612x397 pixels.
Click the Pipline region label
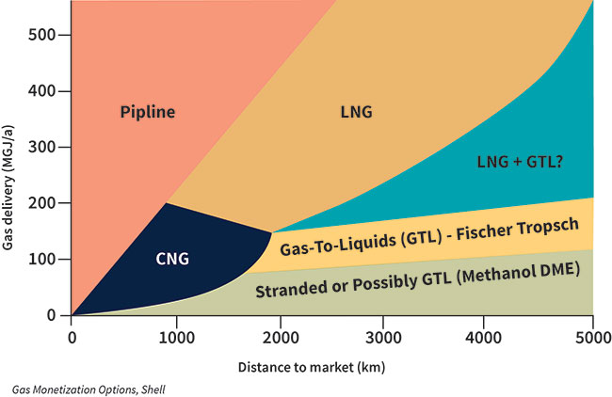148,112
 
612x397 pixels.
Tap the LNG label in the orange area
356,112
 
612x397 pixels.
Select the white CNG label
172,259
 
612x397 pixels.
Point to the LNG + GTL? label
520,162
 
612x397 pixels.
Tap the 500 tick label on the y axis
42,35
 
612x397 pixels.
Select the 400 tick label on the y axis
42,91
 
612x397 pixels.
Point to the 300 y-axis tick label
42,147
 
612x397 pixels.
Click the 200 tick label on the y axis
42,203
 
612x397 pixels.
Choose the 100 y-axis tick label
42,259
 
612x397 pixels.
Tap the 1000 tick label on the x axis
177,338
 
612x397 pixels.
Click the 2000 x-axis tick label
281,338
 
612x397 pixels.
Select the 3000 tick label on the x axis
383,338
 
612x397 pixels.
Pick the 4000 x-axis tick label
484,338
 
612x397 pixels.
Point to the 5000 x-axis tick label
593,338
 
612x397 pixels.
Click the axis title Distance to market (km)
312,367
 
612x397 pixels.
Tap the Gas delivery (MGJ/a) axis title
8,187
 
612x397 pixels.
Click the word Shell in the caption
153,389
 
